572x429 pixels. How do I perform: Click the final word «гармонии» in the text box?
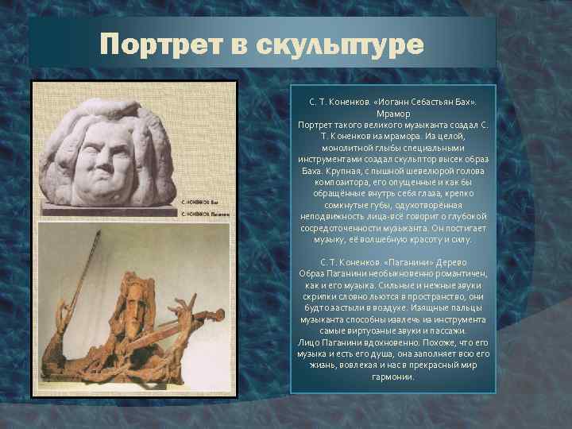tap(392, 377)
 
